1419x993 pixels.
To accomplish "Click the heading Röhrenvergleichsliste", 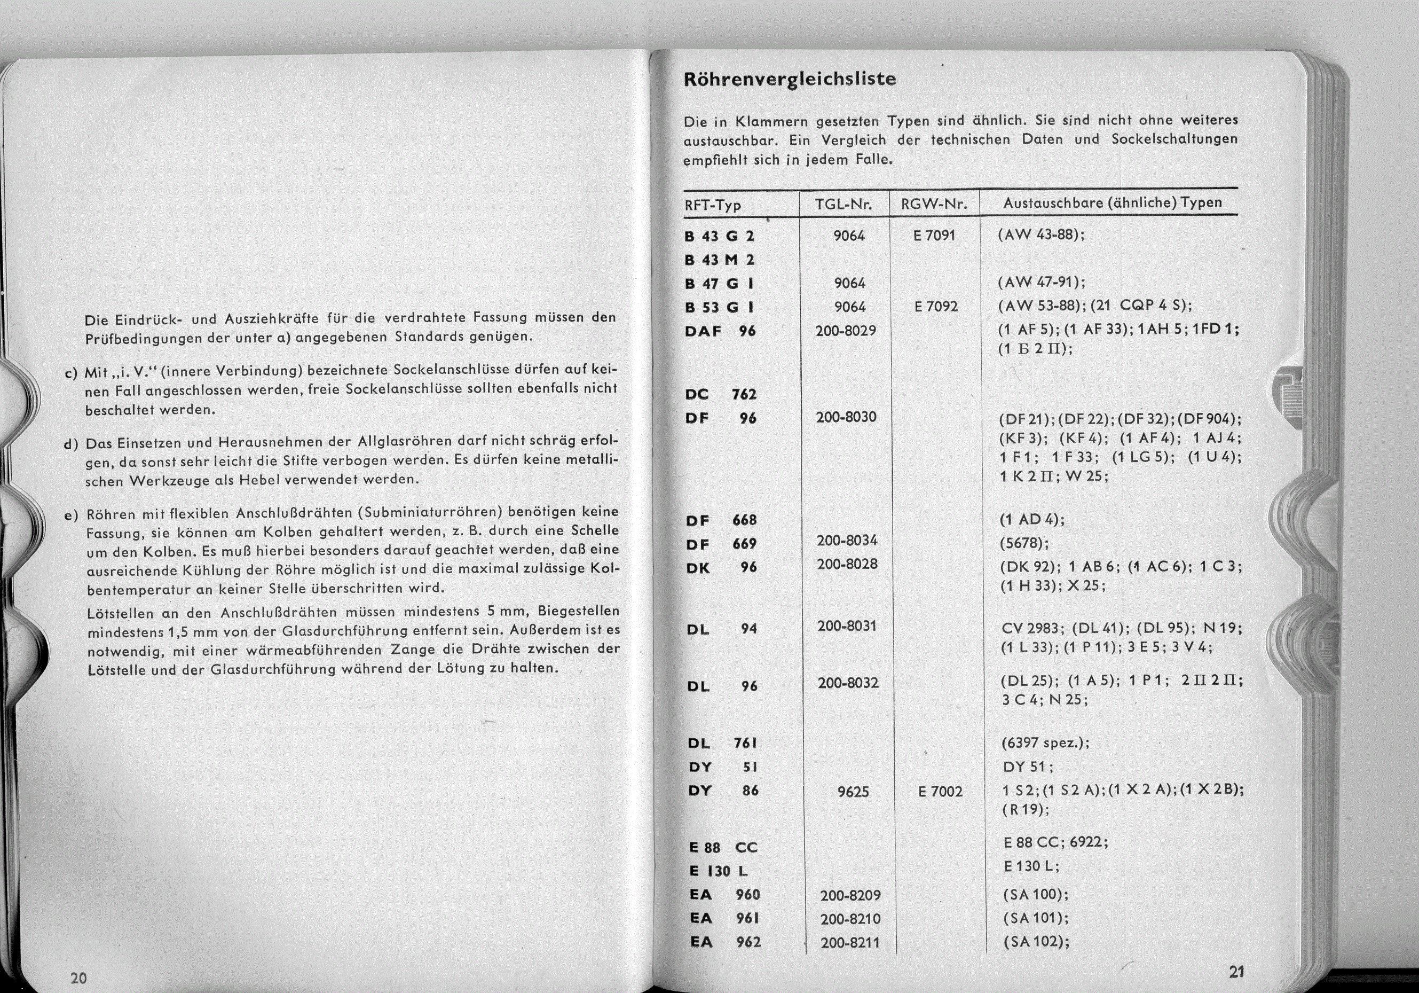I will (x=790, y=80).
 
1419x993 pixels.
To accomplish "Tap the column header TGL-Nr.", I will (x=843, y=204).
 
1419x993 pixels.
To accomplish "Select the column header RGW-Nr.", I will (x=934, y=204).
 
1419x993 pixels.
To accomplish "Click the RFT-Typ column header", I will (x=713, y=205).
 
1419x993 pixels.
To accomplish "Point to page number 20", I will (x=78, y=978).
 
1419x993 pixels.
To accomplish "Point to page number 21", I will (x=1235, y=971).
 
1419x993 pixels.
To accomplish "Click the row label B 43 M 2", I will (x=720, y=260).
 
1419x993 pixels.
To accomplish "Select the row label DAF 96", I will (x=720, y=331).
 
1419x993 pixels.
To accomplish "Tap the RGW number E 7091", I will (x=933, y=236).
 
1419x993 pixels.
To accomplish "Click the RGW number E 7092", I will (x=936, y=307).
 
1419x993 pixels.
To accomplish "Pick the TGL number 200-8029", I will (x=846, y=330).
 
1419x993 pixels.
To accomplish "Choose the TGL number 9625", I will (x=853, y=792).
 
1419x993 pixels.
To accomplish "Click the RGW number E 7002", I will (x=940, y=792).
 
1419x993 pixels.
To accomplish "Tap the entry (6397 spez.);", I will (x=1044, y=743).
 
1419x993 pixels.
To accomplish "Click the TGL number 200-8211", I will (x=850, y=943).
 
